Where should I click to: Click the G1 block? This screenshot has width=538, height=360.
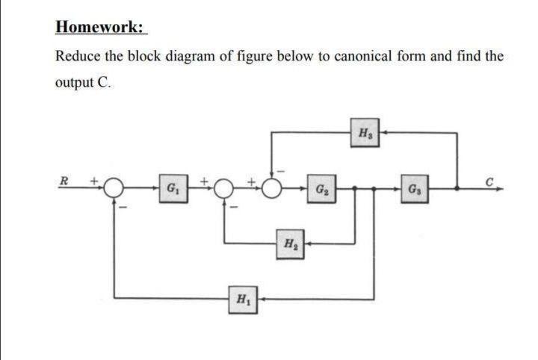pyautogui.click(x=173, y=188)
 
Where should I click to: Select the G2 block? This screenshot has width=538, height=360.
pyautogui.click(x=321, y=188)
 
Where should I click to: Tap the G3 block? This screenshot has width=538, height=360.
pyautogui.click(x=415, y=189)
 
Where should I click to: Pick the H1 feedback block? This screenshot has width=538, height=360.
pyautogui.click(x=243, y=300)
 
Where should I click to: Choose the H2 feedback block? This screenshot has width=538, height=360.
pyautogui.click(x=290, y=244)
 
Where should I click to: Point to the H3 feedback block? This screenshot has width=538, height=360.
pyautogui.click(x=365, y=133)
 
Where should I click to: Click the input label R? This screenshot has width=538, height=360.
pyautogui.click(x=64, y=181)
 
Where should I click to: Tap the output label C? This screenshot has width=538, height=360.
pyautogui.click(x=489, y=181)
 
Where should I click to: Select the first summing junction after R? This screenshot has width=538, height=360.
pyautogui.click(x=114, y=188)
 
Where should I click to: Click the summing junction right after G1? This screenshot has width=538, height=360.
pyautogui.click(x=223, y=188)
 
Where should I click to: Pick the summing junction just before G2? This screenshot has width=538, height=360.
pyautogui.click(x=272, y=188)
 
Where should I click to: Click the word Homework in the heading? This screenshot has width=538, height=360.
pyautogui.click(x=99, y=27)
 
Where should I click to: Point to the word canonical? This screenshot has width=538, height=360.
pyautogui.click(x=362, y=55)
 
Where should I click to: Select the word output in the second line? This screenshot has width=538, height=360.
pyautogui.click(x=75, y=83)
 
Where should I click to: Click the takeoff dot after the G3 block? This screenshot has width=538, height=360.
pyautogui.click(x=457, y=188)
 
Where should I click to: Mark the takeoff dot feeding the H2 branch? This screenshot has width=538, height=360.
pyautogui.click(x=355, y=188)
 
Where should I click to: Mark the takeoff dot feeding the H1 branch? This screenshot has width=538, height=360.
pyautogui.click(x=374, y=188)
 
